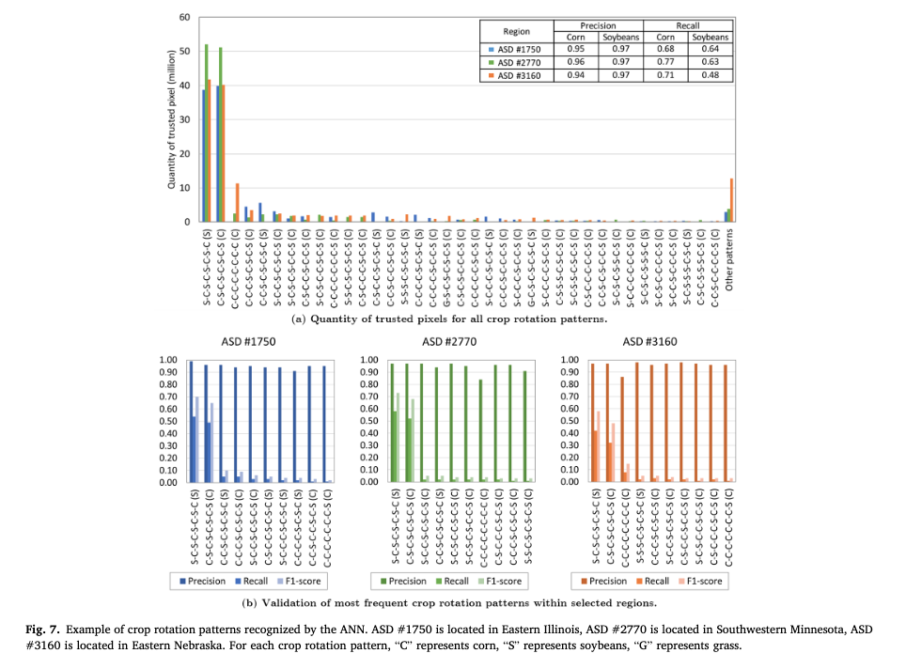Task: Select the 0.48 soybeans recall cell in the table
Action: (x=711, y=75)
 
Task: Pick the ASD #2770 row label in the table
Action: (x=516, y=62)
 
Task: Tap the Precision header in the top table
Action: (x=598, y=25)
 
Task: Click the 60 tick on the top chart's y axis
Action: (x=184, y=18)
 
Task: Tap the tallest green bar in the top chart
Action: (x=207, y=132)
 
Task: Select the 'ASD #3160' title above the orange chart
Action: (x=650, y=343)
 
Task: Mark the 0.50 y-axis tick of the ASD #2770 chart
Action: (x=370, y=421)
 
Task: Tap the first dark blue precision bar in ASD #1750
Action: (x=191, y=422)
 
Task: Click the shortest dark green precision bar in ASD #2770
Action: (x=480, y=431)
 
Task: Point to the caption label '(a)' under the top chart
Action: (x=300, y=320)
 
